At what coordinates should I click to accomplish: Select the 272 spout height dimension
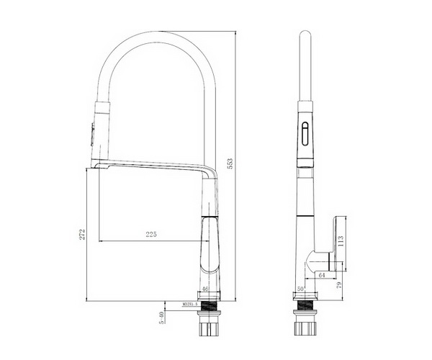click(83, 233)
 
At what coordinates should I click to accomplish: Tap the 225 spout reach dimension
click(151, 234)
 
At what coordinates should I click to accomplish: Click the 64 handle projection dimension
click(321, 274)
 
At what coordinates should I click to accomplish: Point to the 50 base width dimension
click(300, 289)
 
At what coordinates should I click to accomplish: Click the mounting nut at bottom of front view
click(210, 328)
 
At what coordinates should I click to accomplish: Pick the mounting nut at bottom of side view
click(305, 328)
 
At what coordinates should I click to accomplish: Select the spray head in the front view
click(99, 133)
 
